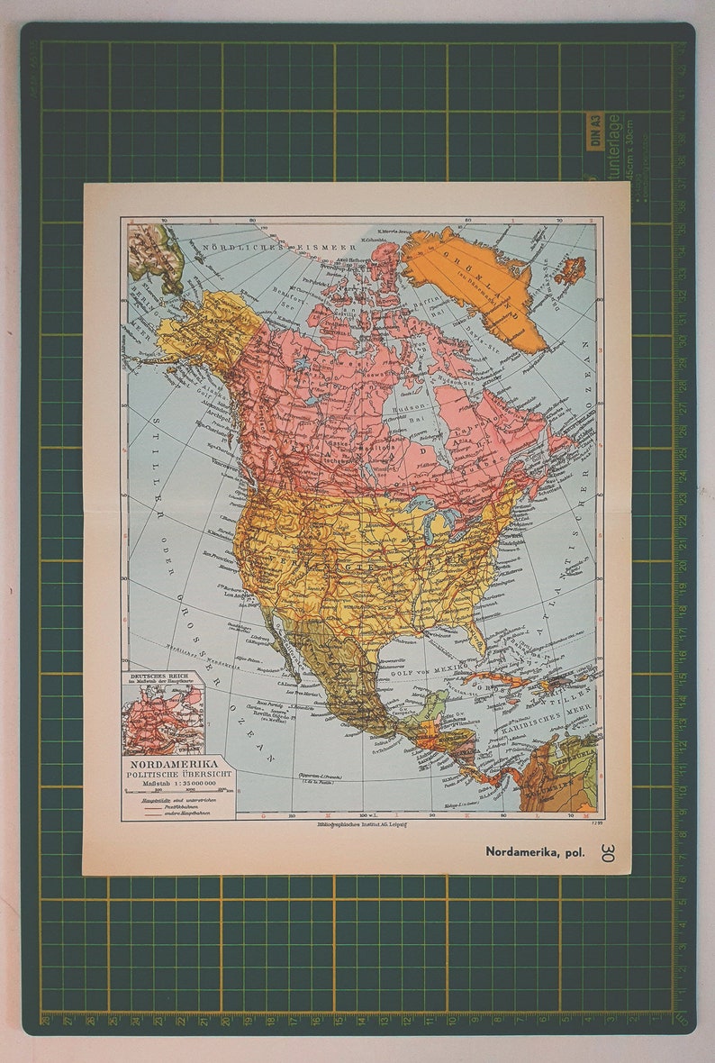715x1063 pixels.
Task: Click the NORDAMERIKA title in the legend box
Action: [173, 763]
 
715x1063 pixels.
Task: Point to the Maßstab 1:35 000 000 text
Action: [173, 783]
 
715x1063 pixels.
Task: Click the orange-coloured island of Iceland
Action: [568, 269]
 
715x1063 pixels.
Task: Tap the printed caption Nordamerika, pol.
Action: [535, 850]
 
